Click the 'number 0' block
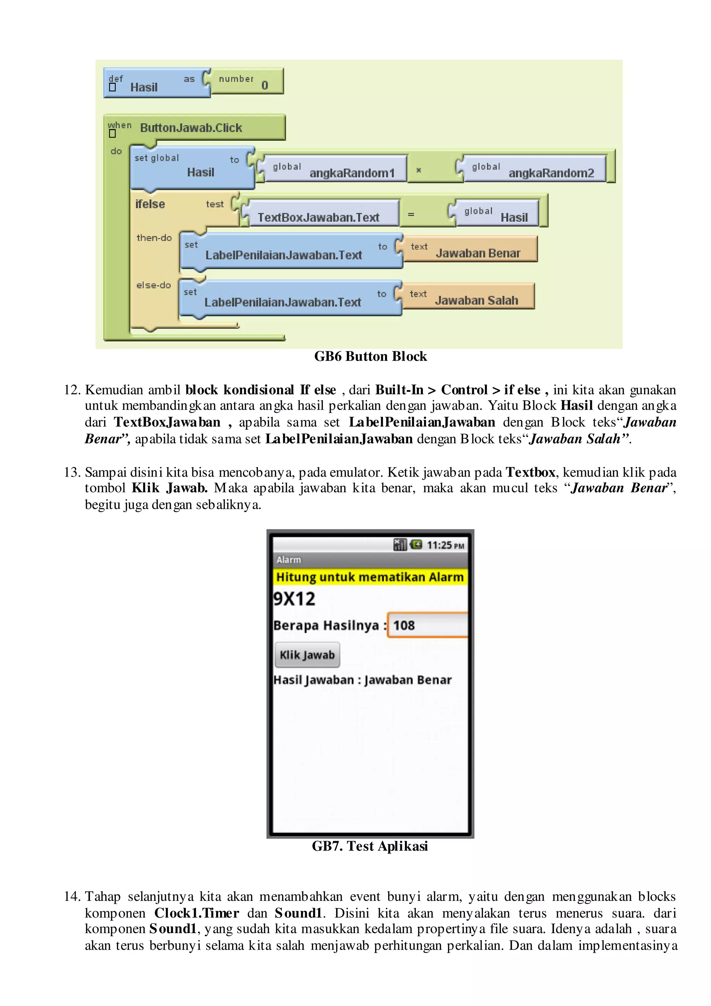246,82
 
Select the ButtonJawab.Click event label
191,128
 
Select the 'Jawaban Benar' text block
470,250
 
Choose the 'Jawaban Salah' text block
468,297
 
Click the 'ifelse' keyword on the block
150,204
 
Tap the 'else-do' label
153,285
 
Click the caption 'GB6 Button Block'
370,356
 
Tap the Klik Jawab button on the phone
307,655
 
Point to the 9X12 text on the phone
294,598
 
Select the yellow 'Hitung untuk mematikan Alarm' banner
370,577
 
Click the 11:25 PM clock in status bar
445,545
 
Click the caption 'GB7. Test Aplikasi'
370,846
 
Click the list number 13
72,472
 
